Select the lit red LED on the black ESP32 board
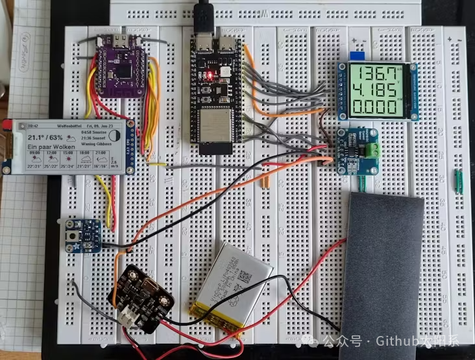[209, 77]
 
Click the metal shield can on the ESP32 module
[209, 126]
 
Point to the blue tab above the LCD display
[355, 57]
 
